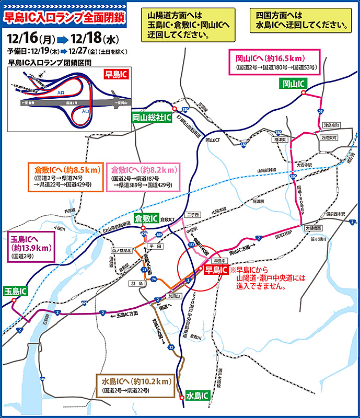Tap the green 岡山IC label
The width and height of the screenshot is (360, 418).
tap(293, 84)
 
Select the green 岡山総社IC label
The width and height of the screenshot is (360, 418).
tap(152, 118)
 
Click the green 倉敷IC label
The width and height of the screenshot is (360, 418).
tap(146, 218)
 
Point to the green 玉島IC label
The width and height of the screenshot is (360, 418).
tap(16, 291)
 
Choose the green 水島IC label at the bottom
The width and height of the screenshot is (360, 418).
tap(197, 396)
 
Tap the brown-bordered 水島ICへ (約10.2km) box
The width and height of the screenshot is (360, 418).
tap(136, 385)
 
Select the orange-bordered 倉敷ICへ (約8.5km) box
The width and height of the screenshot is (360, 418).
tap(65, 177)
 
